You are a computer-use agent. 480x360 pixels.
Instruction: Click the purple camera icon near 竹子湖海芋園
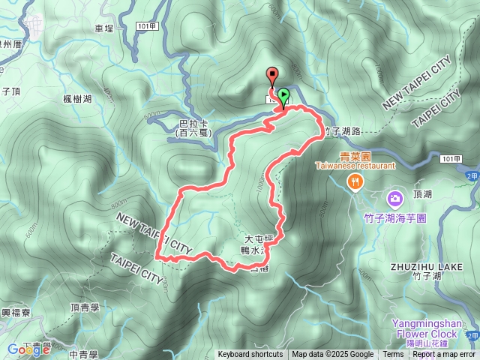pos(394,199)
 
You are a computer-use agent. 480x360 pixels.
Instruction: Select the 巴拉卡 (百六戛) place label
pos(194,128)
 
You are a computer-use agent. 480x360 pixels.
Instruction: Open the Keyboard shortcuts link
pos(250,355)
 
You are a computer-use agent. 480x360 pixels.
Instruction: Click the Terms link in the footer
pos(393,355)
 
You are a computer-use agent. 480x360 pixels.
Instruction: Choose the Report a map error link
pos(444,355)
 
